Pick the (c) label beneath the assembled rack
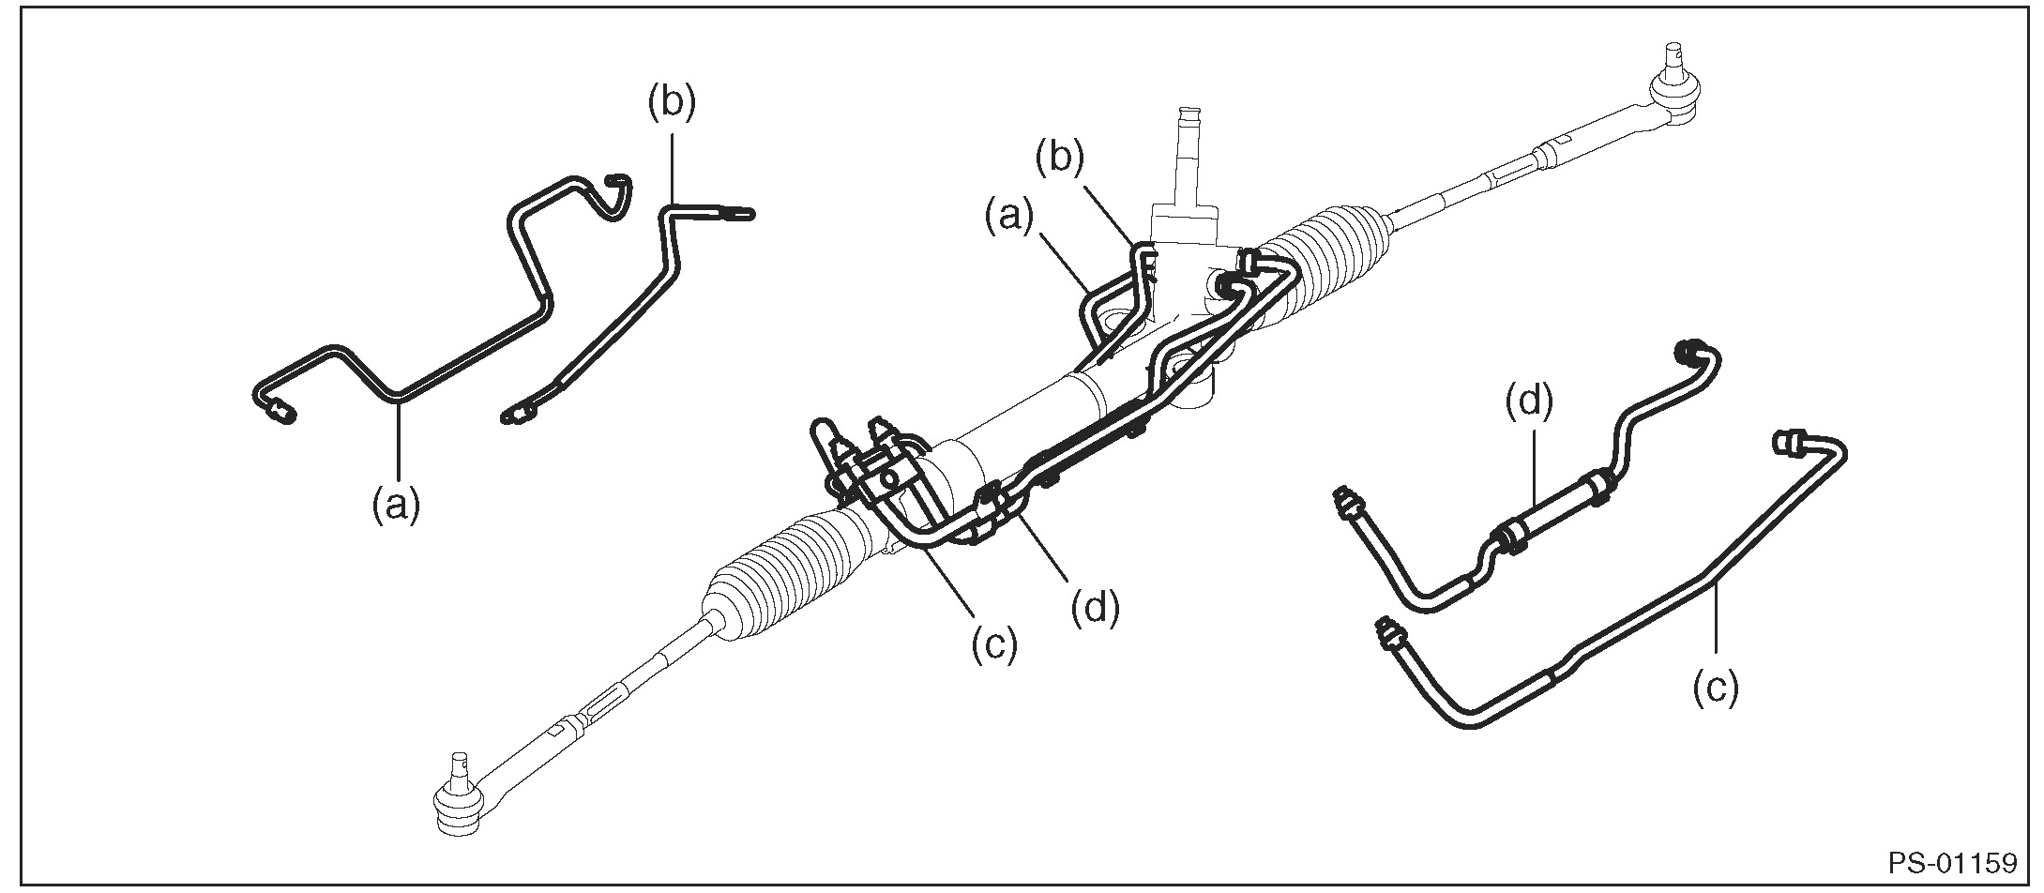coord(993,646)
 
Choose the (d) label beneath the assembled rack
coord(1096,609)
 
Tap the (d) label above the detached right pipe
coord(1529,401)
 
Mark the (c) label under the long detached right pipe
coord(1715,688)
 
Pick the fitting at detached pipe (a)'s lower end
coord(278,410)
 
